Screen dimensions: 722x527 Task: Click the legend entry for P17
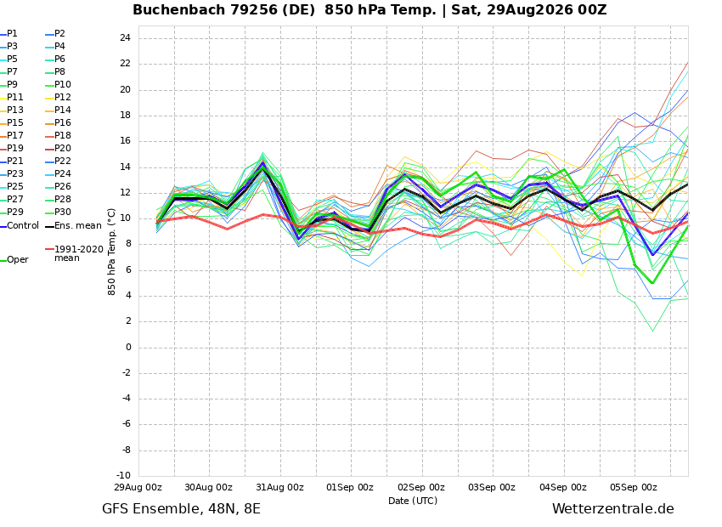pos(12,135)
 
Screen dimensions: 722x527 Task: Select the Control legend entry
pos(20,226)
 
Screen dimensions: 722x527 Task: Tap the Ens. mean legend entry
pos(74,226)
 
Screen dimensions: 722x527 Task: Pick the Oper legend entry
pos(14,260)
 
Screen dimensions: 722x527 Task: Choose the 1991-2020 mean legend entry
pos(75,253)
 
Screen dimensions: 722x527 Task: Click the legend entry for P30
pos(59,212)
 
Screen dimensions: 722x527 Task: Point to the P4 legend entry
pos(56,46)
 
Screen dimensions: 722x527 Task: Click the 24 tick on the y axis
pos(125,37)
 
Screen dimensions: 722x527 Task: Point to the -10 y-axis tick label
pos(122,475)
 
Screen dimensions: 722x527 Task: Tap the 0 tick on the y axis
pos(128,348)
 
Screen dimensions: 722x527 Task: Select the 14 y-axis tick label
pos(125,167)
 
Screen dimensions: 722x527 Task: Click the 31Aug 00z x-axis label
pos(280,487)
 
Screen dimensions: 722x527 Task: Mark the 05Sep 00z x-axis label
pos(634,487)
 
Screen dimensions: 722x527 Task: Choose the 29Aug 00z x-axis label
pos(138,487)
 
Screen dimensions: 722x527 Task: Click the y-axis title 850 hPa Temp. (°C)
pos(111,252)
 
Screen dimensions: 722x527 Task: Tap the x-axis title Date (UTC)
pos(413,501)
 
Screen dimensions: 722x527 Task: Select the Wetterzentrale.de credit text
pos(613,509)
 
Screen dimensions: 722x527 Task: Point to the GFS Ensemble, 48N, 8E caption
pos(181,509)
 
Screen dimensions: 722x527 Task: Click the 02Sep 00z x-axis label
pos(421,487)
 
